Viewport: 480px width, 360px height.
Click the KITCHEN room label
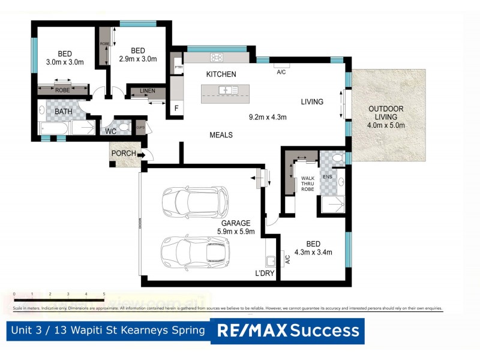click(221, 74)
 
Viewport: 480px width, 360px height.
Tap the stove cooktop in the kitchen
click(217, 58)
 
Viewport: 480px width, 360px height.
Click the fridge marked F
click(176, 108)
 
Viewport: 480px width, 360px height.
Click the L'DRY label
click(265, 274)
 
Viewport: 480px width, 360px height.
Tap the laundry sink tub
click(271, 260)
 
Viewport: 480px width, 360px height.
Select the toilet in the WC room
click(124, 127)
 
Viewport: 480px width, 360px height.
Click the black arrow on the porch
click(141, 155)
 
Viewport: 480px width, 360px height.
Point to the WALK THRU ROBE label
click(307, 184)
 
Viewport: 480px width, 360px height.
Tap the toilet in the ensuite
click(337, 158)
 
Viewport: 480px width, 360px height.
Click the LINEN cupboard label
click(148, 91)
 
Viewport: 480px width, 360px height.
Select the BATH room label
click(64, 112)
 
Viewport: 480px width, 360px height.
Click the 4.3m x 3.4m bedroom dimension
click(313, 251)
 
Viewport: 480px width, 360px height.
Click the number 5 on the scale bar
click(104, 294)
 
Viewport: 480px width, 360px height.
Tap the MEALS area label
click(221, 135)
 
